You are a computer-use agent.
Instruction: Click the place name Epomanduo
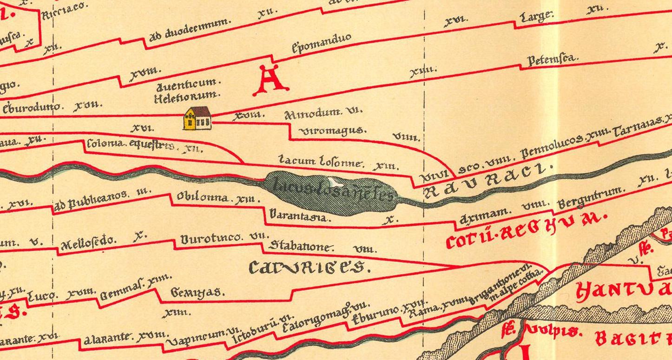tap(321, 43)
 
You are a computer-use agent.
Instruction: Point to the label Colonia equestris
tap(131, 144)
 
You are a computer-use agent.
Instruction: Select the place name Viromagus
tap(330, 131)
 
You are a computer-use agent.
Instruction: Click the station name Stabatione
tap(302, 246)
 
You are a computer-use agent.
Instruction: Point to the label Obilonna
tap(202, 197)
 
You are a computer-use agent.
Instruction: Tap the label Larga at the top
tap(537, 17)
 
